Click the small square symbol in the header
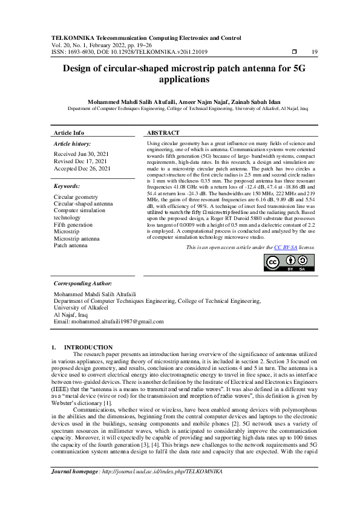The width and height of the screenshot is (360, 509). [295, 52]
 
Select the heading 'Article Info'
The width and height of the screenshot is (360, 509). [70, 132]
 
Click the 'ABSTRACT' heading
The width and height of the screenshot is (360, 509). [163, 132]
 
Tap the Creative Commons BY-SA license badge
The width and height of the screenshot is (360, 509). [289, 263]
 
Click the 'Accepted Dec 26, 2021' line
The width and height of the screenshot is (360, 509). [82, 169]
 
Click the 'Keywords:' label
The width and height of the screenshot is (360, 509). [67, 186]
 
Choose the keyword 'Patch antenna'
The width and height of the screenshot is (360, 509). [70, 245]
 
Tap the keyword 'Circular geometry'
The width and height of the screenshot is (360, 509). [76, 197]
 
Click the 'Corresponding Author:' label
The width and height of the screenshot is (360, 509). [83, 283]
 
